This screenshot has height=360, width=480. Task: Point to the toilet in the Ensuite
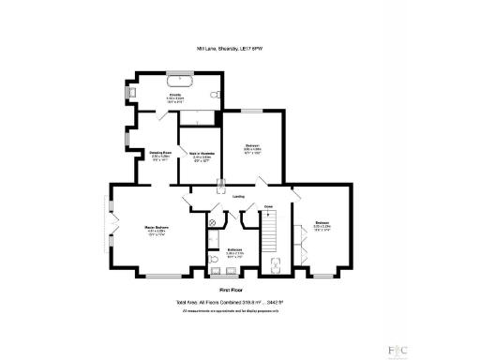(x=216, y=95)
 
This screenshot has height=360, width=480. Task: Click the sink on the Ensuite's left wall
(x=130, y=93)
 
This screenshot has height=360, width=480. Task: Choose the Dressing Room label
(x=160, y=155)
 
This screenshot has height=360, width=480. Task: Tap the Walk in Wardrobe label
(x=198, y=155)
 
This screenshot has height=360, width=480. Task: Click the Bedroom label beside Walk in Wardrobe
(x=252, y=147)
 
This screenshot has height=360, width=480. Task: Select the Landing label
(x=239, y=196)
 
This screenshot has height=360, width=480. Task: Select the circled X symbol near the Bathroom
(x=213, y=222)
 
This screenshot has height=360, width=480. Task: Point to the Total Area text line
(x=235, y=303)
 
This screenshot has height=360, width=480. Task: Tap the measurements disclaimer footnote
(x=235, y=310)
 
